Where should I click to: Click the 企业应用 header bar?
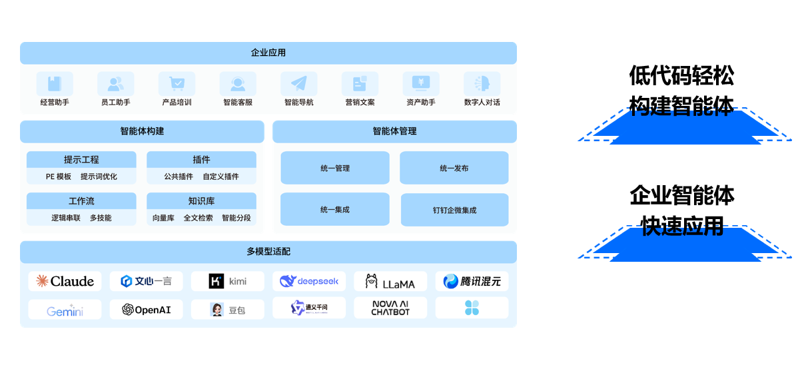tap(268, 53)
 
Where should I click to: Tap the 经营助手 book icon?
tap(55, 83)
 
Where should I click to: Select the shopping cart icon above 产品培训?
tap(177, 83)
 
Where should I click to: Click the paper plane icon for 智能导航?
tap(298, 83)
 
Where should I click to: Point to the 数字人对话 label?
tap(482, 103)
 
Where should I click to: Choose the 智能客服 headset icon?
tap(238, 83)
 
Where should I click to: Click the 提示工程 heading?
tap(81, 160)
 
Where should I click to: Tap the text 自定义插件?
tap(220, 177)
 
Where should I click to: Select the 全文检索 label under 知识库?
tap(199, 218)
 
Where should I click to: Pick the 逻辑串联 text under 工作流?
tap(66, 218)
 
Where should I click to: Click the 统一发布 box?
tap(454, 168)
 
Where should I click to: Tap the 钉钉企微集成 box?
tap(454, 210)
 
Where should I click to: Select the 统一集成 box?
tap(334, 210)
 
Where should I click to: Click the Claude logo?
tap(65, 281)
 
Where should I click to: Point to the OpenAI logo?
tap(147, 310)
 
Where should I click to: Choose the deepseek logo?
tap(309, 281)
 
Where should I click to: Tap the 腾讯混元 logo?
tap(472, 281)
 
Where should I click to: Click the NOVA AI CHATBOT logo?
tap(390, 308)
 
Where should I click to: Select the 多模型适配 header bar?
tap(268, 252)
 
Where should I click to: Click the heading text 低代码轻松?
tap(681, 76)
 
